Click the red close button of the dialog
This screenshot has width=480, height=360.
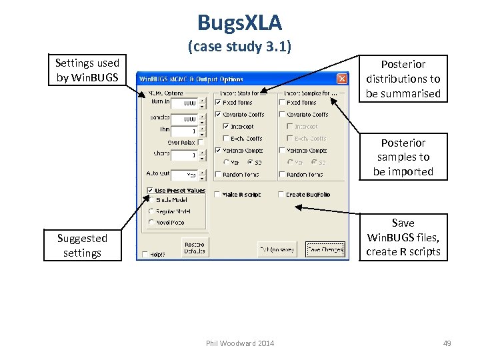341,79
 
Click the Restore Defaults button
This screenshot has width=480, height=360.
195,248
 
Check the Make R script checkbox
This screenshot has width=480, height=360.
218,195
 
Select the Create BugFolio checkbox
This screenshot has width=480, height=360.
281,195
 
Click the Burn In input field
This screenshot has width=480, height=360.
184,103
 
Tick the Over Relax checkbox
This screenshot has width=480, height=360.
200,143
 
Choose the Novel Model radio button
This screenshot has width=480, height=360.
152,223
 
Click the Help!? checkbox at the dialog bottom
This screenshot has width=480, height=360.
145,254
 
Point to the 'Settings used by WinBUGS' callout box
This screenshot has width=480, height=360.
87,71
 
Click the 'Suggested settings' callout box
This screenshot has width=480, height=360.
82,245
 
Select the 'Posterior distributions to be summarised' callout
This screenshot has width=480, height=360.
403,79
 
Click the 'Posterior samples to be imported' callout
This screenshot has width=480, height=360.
403,157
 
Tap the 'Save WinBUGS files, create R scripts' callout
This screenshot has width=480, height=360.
403,237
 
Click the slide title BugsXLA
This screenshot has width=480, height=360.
239,23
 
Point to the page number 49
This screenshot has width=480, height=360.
447,343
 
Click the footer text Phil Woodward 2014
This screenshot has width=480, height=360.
239,343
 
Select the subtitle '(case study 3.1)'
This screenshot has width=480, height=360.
239,47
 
